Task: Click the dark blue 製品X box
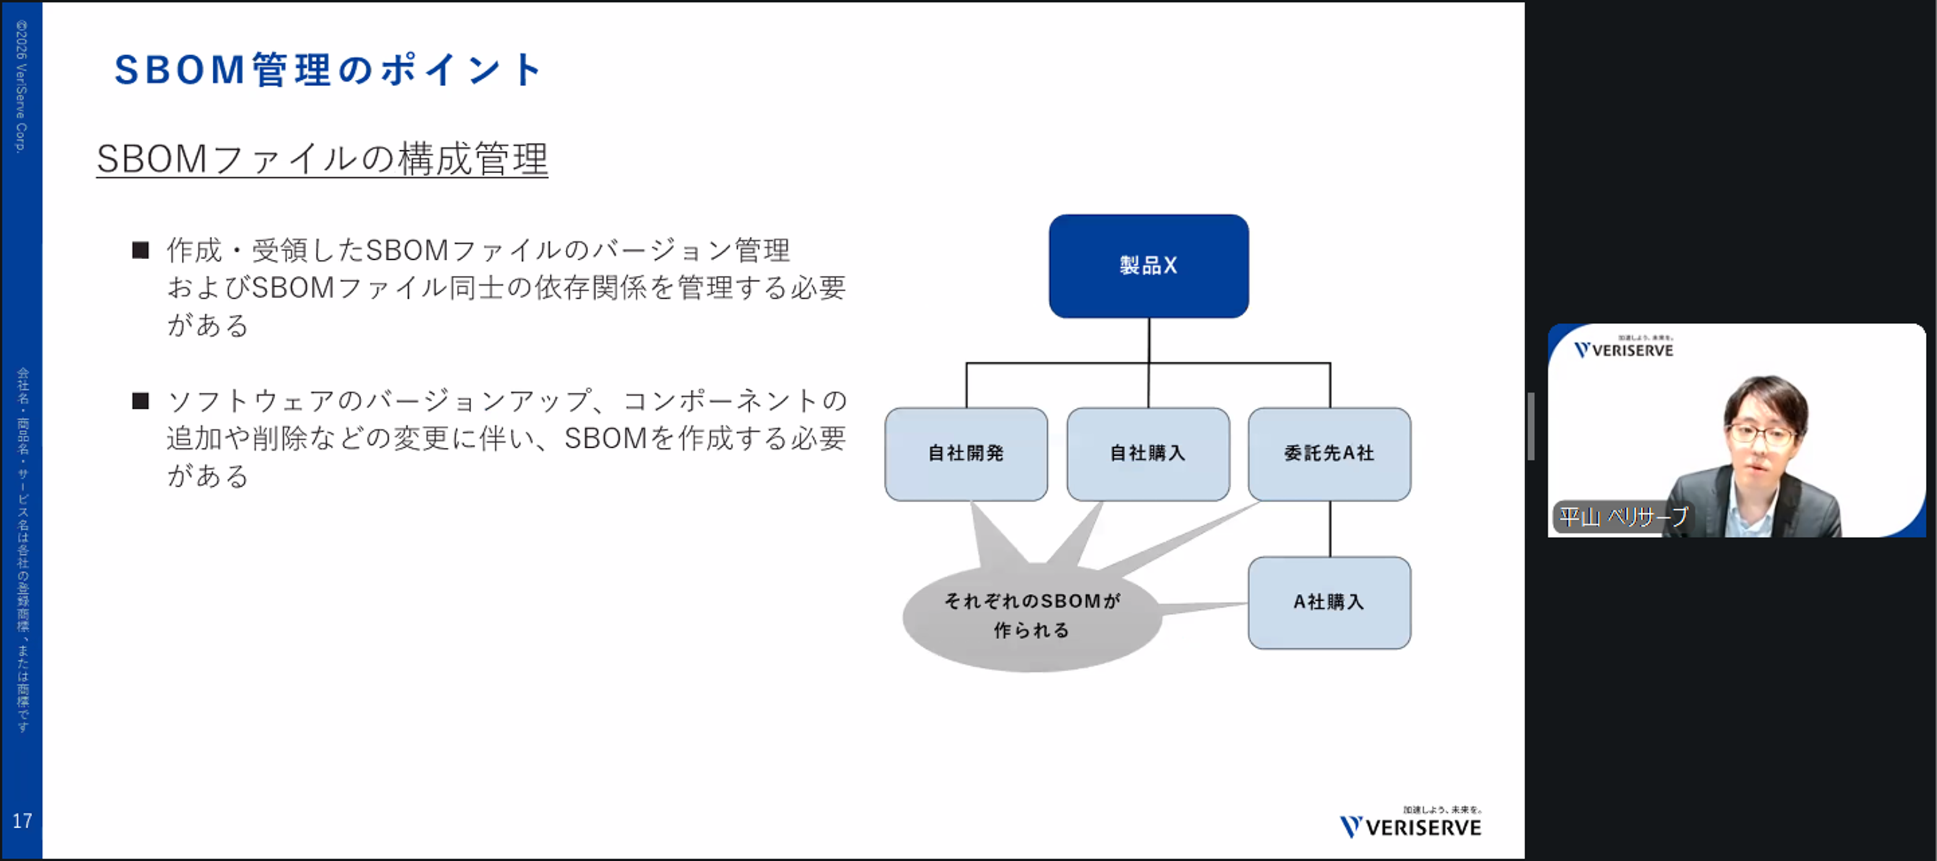point(1148,265)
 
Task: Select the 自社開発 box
point(965,453)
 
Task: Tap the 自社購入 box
point(1147,453)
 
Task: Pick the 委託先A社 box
point(1328,453)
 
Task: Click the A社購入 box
point(1328,602)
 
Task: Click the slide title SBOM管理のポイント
point(328,70)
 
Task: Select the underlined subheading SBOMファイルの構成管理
point(322,160)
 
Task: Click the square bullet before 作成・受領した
point(140,250)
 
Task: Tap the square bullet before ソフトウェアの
point(140,401)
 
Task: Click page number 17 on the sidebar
point(22,820)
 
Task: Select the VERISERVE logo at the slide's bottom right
point(1411,825)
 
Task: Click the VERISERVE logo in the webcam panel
point(1624,349)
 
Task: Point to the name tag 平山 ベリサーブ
point(1623,517)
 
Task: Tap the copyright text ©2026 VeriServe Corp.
point(21,87)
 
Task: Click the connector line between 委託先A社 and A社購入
point(1330,529)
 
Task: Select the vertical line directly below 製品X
point(1149,340)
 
